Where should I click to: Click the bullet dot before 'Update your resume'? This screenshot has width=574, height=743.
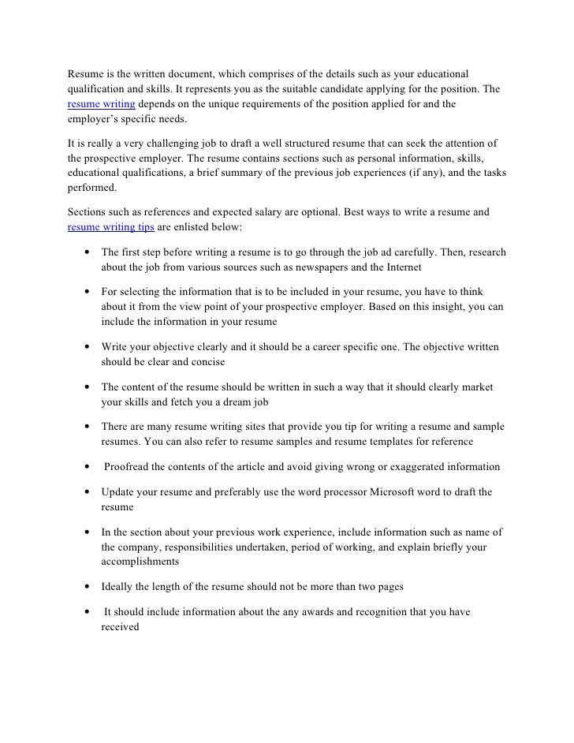tap(84, 493)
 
